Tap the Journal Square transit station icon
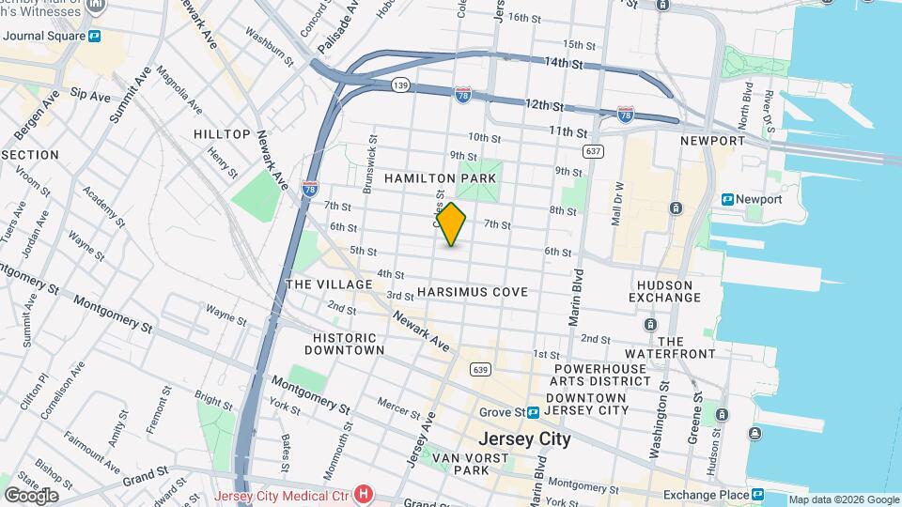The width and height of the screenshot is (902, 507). tap(95, 37)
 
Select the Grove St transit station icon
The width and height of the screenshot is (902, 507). tap(533, 412)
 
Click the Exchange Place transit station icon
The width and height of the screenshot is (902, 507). tap(756, 494)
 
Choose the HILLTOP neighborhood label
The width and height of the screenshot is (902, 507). tap(222, 134)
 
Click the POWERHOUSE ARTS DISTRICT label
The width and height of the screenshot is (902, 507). tap(601, 375)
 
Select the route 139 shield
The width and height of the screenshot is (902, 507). tap(400, 85)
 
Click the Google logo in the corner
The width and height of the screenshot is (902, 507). tap(31, 495)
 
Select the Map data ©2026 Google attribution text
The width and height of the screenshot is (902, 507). tap(843, 499)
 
